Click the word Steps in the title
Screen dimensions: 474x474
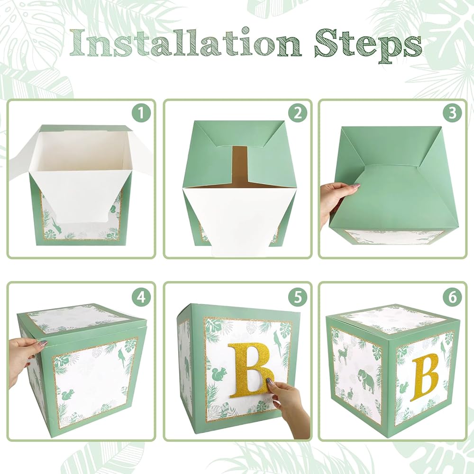368,46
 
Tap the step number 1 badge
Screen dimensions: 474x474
141,113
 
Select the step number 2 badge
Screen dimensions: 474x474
298,113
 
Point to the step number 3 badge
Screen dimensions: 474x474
452,113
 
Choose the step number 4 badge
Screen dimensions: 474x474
141,298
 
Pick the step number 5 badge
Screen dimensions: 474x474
298,298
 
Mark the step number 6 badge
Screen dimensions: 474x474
452,298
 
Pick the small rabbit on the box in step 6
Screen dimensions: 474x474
350,393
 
